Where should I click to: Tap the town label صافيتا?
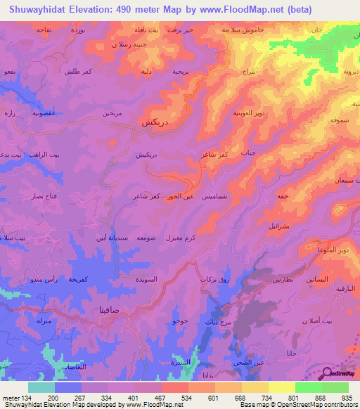[x=113, y=309]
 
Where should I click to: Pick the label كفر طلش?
[x=75, y=72]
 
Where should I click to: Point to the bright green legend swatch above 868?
[x=309, y=387]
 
